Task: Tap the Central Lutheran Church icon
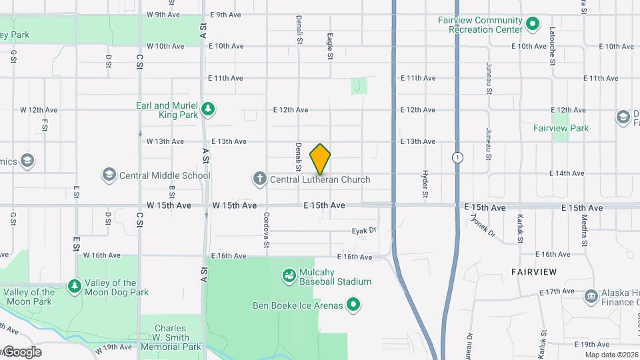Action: (x=259, y=179)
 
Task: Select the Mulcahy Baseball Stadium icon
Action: (x=288, y=275)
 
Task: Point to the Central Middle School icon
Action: (x=109, y=175)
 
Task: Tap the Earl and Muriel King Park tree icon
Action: (x=208, y=109)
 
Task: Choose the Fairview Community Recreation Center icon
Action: (x=532, y=25)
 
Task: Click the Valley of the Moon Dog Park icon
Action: (x=75, y=287)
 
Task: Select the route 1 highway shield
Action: (x=457, y=158)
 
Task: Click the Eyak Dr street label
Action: (x=364, y=231)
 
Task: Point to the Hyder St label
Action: (x=425, y=185)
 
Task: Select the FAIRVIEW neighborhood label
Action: (x=534, y=272)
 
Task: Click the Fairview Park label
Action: (x=561, y=128)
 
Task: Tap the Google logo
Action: (x=21, y=351)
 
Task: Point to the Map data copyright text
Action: (x=611, y=355)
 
